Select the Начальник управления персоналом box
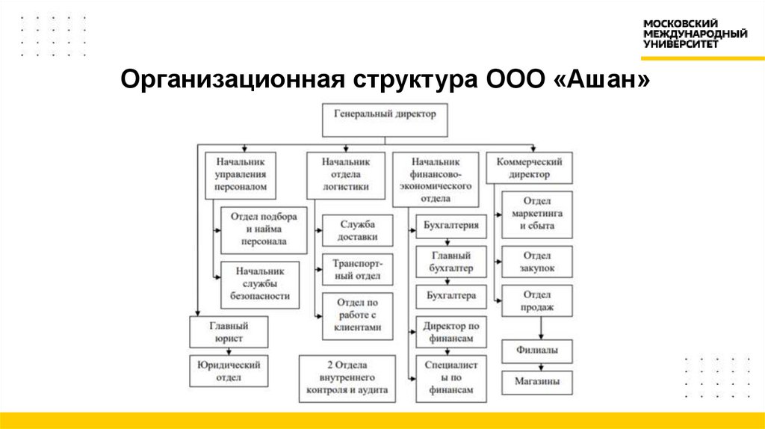pyautogui.click(x=240, y=175)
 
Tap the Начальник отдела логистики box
pyautogui.click(x=346, y=175)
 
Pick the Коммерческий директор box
pyautogui.click(x=529, y=168)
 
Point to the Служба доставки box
pyautogui.click(x=357, y=231)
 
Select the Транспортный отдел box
pyautogui.click(x=357, y=270)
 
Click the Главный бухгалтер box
pyautogui.click(x=451, y=262)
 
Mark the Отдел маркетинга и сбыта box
pyautogui.click(x=536, y=214)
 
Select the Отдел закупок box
pyautogui.click(x=536, y=262)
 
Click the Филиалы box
pyautogui.click(x=536, y=351)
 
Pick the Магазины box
pyautogui.click(x=536, y=382)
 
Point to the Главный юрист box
pyautogui.click(x=229, y=332)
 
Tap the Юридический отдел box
pyautogui.click(x=229, y=371)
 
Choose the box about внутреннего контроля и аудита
pyautogui.click(x=347, y=378)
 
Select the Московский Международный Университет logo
pyautogui.click(x=695, y=34)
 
